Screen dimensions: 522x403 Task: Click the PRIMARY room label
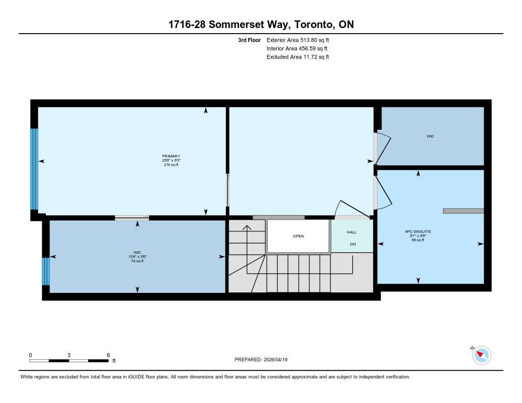tap(171, 156)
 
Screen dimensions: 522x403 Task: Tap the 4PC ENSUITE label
tap(418, 232)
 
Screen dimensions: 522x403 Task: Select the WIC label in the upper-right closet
tap(430, 137)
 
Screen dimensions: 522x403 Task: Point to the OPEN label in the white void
tap(298, 236)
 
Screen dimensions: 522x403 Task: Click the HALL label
tap(352, 232)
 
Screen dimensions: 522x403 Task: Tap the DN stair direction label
tap(353, 244)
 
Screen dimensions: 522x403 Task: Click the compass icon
tap(481, 355)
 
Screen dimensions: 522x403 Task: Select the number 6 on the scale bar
tap(108, 355)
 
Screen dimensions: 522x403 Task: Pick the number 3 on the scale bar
tap(69, 355)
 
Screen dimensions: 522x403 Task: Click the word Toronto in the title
tap(314, 24)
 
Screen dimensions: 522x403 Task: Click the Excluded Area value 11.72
tap(310, 57)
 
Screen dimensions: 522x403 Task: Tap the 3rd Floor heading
tap(249, 40)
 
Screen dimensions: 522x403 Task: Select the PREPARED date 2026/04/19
tap(276, 360)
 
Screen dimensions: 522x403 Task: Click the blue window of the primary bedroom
tap(34, 169)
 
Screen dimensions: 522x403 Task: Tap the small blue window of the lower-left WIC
tap(46, 271)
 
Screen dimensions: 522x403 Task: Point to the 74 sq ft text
tap(137, 261)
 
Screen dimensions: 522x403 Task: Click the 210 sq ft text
tap(171, 165)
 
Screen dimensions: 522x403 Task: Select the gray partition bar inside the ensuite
tap(463, 211)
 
